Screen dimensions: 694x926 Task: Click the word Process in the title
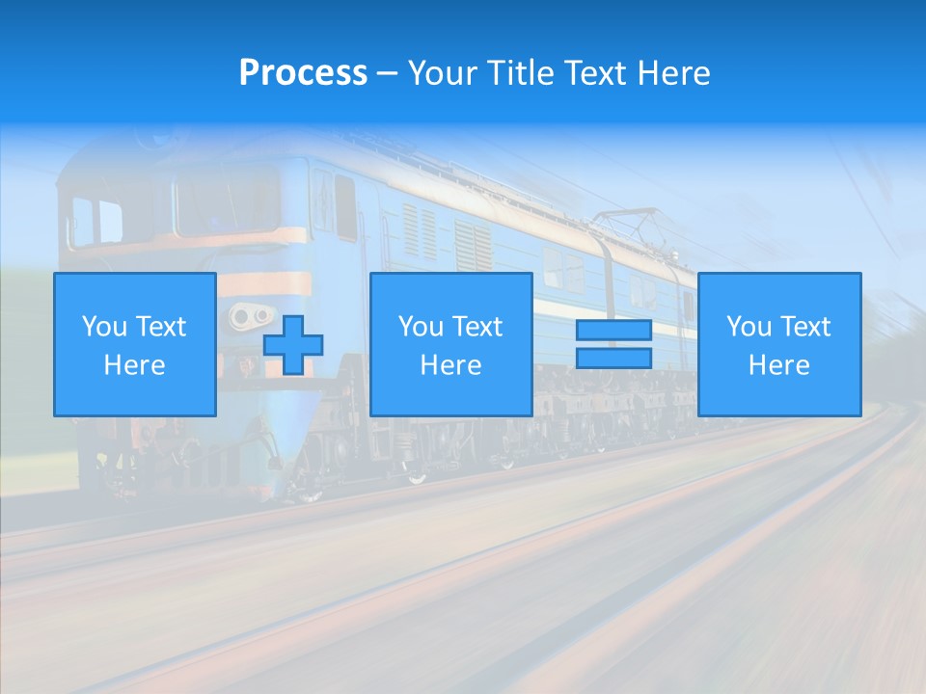point(303,73)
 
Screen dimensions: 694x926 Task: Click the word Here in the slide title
point(674,73)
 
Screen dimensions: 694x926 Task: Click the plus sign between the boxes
point(293,345)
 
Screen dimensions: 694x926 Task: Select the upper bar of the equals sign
point(613,331)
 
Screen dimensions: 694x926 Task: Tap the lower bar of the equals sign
point(613,358)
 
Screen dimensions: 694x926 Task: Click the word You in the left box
point(104,327)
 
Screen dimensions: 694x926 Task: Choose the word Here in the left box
point(134,365)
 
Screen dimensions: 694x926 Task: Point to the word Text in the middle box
point(478,327)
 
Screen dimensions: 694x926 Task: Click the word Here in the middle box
point(450,365)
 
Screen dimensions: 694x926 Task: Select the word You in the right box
point(749,327)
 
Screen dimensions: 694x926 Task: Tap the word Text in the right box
point(806,327)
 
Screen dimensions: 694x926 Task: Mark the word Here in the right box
point(778,365)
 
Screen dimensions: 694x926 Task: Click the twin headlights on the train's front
point(250,315)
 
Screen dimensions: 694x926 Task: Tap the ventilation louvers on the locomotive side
point(421,231)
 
